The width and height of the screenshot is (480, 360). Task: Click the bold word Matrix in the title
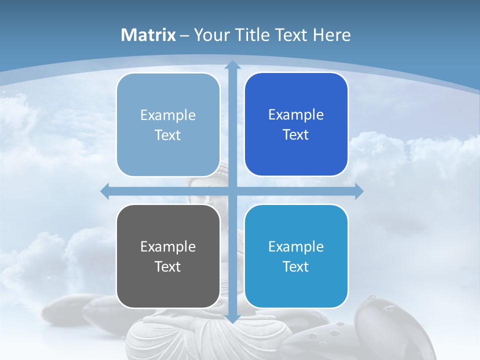(148, 35)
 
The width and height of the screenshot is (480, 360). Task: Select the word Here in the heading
(332, 35)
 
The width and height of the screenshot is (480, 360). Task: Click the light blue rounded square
(168, 124)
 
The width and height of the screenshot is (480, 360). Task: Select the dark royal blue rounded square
(296, 124)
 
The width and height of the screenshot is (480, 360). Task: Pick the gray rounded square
(168, 256)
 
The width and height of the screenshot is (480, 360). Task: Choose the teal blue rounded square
(296, 256)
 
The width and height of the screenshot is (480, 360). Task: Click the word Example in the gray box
(168, 246)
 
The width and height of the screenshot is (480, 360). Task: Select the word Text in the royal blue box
(296, 135)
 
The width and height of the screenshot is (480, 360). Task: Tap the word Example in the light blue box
(168, 115)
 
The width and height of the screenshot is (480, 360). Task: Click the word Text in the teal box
(296, 266)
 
